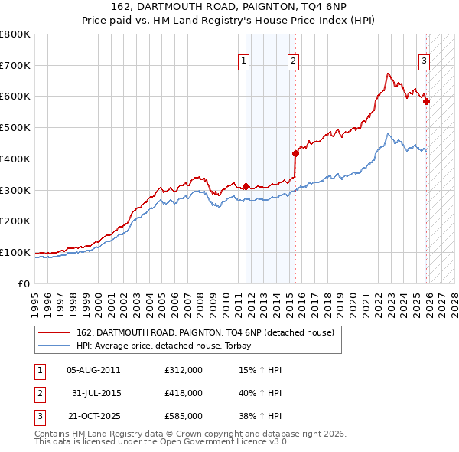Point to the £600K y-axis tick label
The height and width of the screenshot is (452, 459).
(15, 97)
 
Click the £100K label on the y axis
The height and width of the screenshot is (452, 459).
(15, 252)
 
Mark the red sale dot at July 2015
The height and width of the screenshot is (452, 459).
(295, 153)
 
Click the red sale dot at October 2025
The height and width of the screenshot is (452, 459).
(426, 101)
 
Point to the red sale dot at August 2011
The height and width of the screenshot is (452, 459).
(246, 186)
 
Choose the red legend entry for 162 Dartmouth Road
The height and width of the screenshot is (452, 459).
(205, 333)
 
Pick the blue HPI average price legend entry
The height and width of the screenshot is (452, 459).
(168, 346)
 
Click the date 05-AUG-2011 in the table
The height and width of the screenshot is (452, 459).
(93, 370)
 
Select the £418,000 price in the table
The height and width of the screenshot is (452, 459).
(184, 393)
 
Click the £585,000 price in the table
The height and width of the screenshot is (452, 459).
(184, 416)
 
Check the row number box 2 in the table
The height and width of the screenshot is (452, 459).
(39, 393)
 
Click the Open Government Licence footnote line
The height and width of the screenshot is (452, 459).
(161, 442)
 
